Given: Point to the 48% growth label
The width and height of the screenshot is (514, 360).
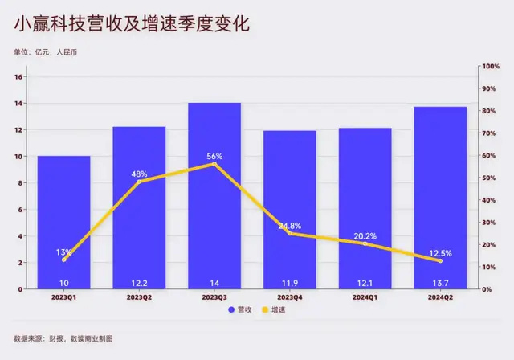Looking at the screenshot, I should coord(139,174).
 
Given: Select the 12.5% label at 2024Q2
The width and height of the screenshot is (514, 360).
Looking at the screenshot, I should coord(440,253).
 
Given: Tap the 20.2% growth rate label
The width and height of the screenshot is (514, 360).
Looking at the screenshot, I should coord(365,236).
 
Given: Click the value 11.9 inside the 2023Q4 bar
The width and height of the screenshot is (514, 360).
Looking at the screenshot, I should coord(290,282).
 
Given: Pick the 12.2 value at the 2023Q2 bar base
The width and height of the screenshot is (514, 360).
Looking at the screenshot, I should coord(139,282).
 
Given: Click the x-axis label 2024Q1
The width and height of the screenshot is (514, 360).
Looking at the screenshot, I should coord(365,297).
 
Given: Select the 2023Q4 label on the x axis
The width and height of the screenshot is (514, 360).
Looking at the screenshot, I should coord(290,297).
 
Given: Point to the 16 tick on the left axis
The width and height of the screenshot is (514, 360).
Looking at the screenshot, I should coord(22,77).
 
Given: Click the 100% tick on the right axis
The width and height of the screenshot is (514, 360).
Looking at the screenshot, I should coord(491,67).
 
